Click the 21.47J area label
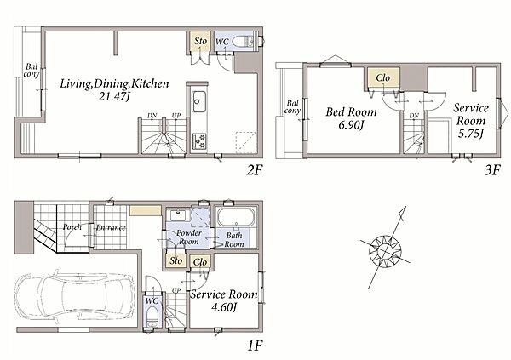point(114,96)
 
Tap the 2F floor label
point(254,170)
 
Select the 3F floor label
point(491,170)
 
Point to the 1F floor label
point(255,346)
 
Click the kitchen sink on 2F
point(198,101)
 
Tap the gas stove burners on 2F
point(198,141)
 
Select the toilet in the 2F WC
point(242,42)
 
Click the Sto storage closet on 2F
point(200,42)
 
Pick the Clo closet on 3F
point(383,77)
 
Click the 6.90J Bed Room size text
point(351,125)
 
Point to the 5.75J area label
point(470,134)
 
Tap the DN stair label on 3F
point(414,116)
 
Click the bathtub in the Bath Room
point(236,217)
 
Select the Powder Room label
point(189,237)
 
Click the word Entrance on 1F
point(111,228)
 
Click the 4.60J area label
point(223,307)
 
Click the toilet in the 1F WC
point(152,317)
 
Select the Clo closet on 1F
point(200,261)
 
